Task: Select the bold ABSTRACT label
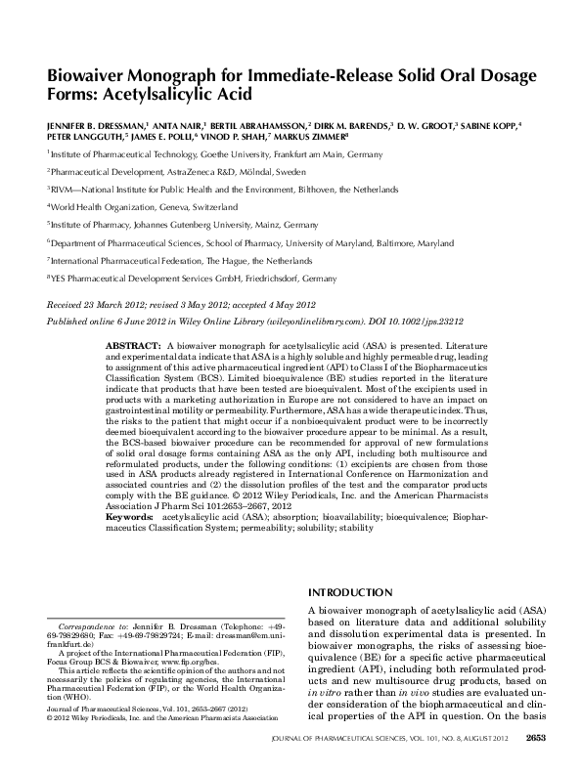click(x=132, y=347)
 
